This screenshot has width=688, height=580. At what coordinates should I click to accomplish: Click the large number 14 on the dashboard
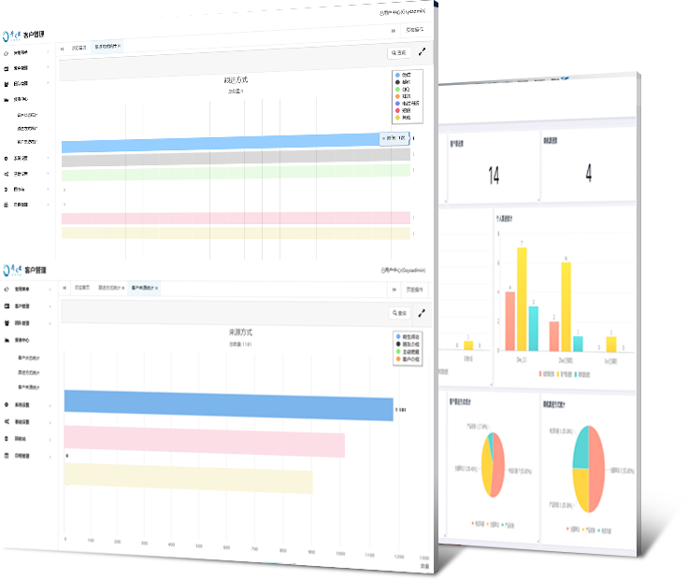pos(494,174)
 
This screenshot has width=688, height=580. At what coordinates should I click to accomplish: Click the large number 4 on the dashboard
pos(588,173)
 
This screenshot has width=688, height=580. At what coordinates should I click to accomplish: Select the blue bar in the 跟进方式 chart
pos(224,144)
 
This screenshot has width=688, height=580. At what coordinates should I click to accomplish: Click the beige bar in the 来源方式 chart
pos(187,477)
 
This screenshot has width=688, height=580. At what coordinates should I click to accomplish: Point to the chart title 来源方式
pos(240,332)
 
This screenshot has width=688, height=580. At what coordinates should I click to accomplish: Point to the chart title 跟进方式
pos(236,81)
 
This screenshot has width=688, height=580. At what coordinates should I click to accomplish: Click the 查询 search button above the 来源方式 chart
pos(398,313)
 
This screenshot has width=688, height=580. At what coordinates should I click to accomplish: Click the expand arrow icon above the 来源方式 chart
pos(422,313)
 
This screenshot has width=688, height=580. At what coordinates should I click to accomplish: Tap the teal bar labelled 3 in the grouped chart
pos(534,327)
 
